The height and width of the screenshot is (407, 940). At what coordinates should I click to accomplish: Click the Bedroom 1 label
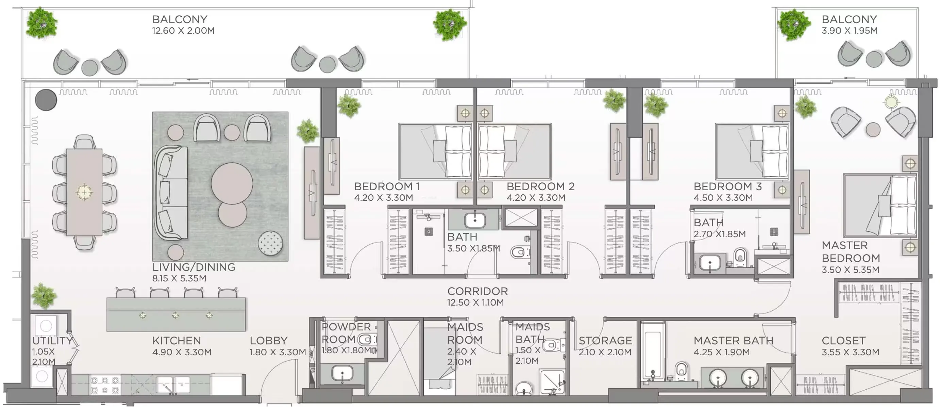(x=387, y=186)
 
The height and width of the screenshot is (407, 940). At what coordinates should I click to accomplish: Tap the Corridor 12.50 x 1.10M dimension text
(x=475, y=303)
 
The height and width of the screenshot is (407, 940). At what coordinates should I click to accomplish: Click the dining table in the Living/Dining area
(x=84, y=192)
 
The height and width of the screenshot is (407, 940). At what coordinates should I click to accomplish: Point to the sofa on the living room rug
(x=171, y=193)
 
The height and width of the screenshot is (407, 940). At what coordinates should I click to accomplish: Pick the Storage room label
(x=605, y=341)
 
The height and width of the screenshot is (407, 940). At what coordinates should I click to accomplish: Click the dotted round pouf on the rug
(x=270, y=243)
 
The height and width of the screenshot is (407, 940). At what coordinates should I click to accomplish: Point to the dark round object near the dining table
(x=46, y=100)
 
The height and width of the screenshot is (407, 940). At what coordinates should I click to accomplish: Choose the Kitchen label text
(x=176, y=341)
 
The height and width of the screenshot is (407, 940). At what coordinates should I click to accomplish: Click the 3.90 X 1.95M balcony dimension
(x=850, y=31)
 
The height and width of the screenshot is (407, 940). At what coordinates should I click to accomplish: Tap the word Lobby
(x=269, y=341)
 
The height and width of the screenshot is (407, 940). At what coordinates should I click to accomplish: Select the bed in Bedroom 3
(x=752, y=151)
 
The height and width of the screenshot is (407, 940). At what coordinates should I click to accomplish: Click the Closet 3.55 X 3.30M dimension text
(x=850, y=352)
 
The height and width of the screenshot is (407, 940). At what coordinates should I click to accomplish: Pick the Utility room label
(x=52, y=341)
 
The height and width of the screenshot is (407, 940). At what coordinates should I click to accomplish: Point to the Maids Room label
(x=465, y=333)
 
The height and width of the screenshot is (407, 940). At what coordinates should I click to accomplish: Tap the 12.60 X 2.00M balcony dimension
(x=183, y=31)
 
